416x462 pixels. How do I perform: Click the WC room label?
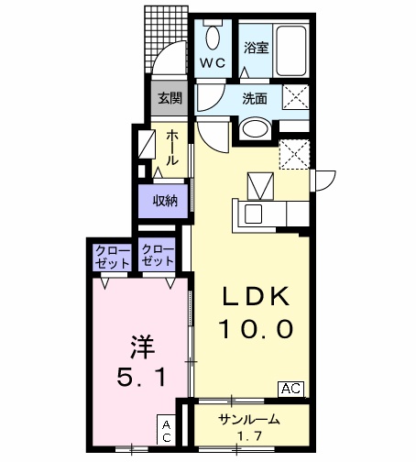pyautogui.click(x=213, y=64)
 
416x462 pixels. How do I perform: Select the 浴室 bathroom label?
pyautogui.click(x=256, y=48)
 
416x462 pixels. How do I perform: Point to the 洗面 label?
pyautogui.click(x=256, y=98)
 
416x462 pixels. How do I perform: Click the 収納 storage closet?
pyautogui.click(x=165, y=201)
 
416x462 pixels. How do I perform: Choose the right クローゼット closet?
pyautogui.click(x=159, y=256)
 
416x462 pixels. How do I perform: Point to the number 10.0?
pyautogui.click(x=255, y=327)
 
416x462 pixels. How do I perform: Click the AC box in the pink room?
pyautogui.click(x=168, y=430)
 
